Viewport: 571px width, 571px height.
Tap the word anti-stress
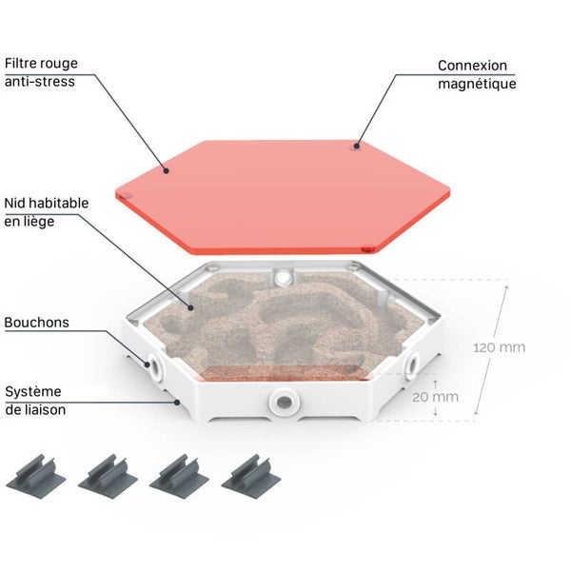40,82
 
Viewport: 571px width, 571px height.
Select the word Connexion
472,66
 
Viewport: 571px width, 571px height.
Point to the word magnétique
477,84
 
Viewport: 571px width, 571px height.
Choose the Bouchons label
37,323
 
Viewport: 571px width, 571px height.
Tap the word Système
33,392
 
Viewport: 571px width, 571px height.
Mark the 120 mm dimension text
500,347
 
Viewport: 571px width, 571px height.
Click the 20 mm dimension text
435,397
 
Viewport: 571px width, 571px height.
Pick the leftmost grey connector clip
36,476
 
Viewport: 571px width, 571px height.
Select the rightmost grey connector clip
251,476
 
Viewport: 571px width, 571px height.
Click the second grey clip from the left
108,476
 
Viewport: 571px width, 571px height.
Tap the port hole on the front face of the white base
284,403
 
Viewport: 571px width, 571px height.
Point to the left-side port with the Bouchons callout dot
155,365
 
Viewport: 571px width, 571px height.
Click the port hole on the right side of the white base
412,364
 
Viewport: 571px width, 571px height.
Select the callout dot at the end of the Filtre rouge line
166,170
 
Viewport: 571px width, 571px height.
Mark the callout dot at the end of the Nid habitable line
190,307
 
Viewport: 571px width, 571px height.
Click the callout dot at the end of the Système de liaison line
177,403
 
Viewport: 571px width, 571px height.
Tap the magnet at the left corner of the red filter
126,194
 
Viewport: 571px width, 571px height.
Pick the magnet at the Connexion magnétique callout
356,147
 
